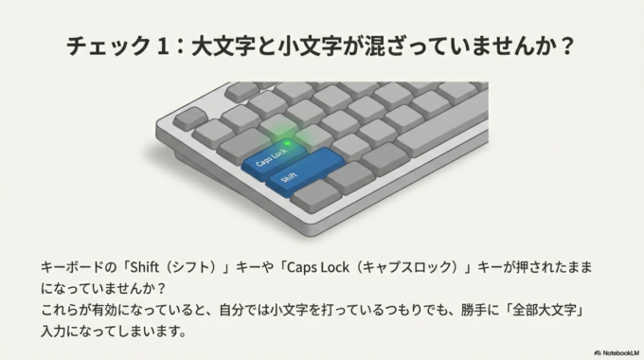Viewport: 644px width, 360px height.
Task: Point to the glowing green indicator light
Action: [288, 143]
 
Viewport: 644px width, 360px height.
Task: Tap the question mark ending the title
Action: [566, 46]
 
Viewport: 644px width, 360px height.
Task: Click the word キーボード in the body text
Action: [71, 269]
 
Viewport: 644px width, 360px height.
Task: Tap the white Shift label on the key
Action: [289, 175]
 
